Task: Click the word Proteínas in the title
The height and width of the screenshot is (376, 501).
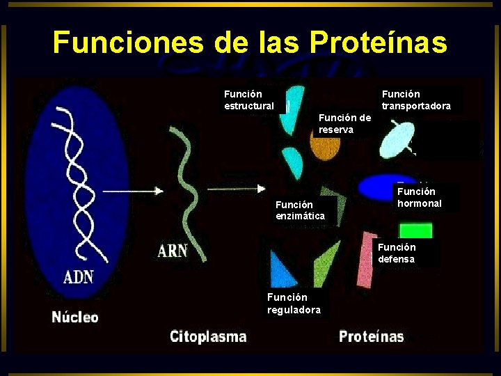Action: pos(379,42)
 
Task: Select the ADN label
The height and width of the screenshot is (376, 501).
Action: pos(79,276)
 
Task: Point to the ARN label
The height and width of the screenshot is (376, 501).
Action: pos(173,249)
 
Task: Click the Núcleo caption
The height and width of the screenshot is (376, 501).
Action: pos(75,317)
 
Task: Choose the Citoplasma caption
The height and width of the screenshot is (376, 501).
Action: pos(208,336)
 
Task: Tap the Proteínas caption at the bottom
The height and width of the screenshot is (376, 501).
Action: pos(371,336)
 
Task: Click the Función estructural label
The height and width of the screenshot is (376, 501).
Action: pos(249,100)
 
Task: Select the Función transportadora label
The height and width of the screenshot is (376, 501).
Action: pos(416,100)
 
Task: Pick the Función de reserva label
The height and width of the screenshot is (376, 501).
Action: pos(344,123)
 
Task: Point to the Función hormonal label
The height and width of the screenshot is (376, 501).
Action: pos(419,197)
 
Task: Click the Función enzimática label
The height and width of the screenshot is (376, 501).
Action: pos(300,210)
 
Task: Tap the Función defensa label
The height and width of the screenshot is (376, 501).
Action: pos(397,253)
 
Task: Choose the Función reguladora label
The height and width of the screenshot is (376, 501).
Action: pos(294,304)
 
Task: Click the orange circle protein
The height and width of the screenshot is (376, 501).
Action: pos(324,148)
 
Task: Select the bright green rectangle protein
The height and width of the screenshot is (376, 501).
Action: pos(416,231)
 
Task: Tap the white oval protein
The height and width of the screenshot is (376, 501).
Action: pos(398,139)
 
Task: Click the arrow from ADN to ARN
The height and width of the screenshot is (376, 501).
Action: pos(139,190)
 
